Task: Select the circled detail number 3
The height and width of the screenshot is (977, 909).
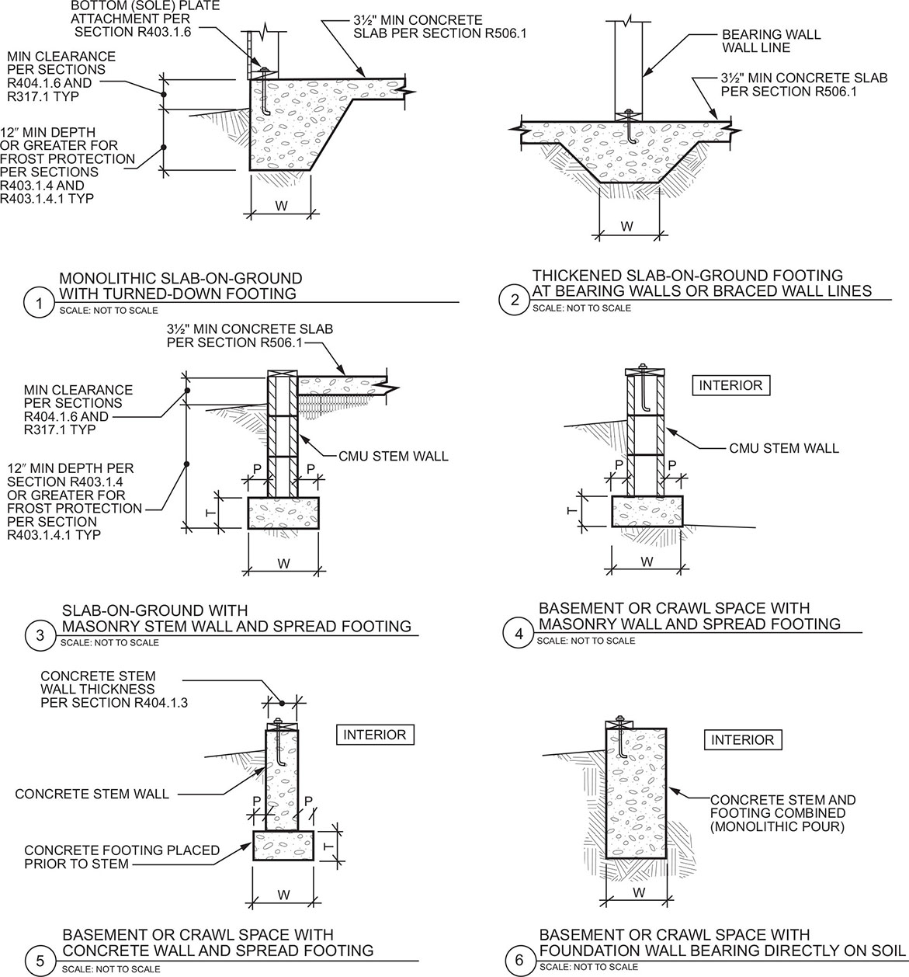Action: [39, 636]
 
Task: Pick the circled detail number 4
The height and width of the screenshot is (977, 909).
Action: [519, 635]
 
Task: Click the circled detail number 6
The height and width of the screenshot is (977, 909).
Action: [519, 960]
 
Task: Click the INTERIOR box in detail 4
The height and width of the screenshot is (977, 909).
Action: [730, 385]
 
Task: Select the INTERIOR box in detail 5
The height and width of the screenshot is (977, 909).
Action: [374, 735]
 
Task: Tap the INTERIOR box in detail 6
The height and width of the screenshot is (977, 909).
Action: [742, 740]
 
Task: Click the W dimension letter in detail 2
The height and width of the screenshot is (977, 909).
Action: [627, 227]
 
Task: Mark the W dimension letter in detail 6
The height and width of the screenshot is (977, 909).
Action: [638, 892]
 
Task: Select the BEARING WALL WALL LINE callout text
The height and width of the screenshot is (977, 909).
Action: [771, 41]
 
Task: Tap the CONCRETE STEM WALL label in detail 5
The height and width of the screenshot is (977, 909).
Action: [92, 794]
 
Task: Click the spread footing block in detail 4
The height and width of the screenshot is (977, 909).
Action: [647, 511]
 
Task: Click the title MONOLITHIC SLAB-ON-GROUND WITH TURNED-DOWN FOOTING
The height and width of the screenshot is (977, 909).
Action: [180, 286]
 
